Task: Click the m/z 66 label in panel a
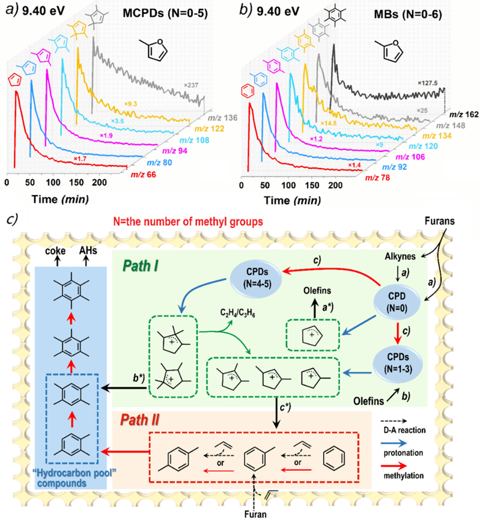(144, 175)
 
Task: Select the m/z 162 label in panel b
(464, 115)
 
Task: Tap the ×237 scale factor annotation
(192, 85)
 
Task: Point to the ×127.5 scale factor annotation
(428, 83)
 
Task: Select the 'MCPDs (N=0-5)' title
(165, 13)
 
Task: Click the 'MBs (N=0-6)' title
(408, 14)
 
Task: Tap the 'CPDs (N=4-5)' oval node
(257, 278)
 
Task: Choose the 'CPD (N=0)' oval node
(396, 302)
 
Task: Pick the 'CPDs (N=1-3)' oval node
(398, 363)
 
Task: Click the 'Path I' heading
(141, 266)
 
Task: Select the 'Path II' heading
(139, 420)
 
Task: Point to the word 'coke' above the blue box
(55, 251)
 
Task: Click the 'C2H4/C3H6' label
(237, 313)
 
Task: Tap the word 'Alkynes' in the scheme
(400, 256)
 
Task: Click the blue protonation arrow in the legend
(395, 443)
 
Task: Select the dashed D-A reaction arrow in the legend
(395, 421)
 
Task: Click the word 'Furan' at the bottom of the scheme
(255, 515)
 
